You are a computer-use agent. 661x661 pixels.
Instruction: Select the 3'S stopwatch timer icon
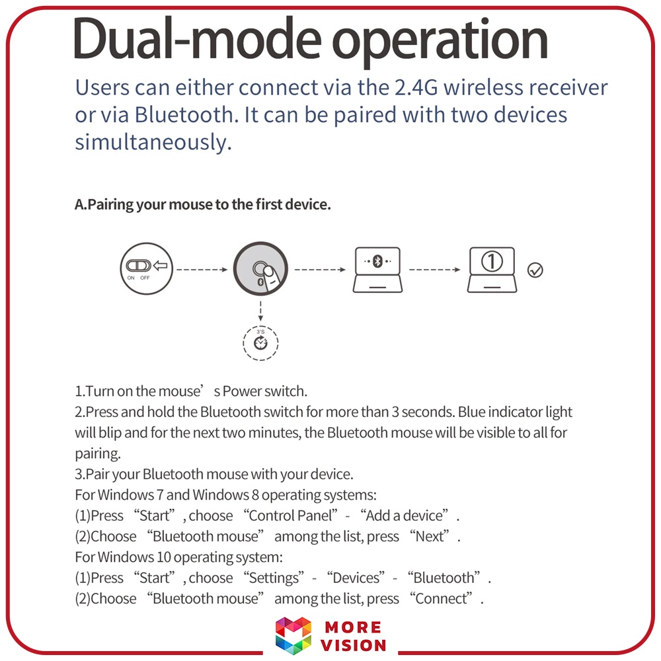[260, 342]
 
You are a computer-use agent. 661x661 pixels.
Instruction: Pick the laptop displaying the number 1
[492, 269]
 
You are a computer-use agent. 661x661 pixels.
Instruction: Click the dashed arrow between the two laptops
[434, 270]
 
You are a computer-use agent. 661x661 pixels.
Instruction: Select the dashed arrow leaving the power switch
[202, 270]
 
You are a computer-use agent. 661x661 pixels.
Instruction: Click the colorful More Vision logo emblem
[293, 635]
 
